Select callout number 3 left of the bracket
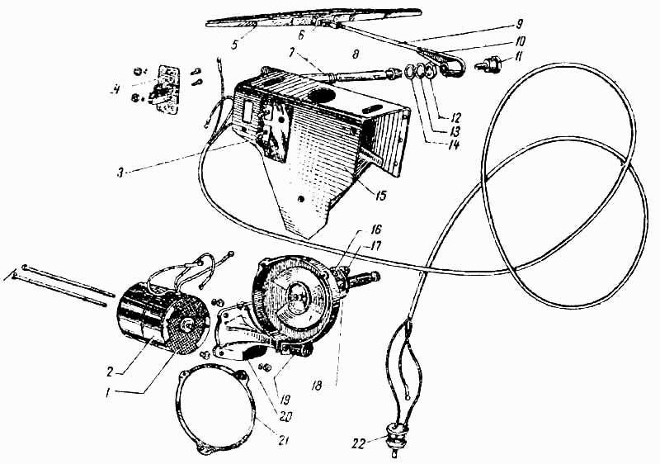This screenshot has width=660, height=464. coord(120,173)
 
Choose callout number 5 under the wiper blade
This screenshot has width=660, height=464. coord(234,44)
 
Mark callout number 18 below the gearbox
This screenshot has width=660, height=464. coord(318,386)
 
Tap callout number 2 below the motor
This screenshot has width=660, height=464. coord(110,371)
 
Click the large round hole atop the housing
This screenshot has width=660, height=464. coord(323,92)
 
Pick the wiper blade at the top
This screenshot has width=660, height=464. coord(314,17)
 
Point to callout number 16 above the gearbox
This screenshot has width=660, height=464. coord(375,230)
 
